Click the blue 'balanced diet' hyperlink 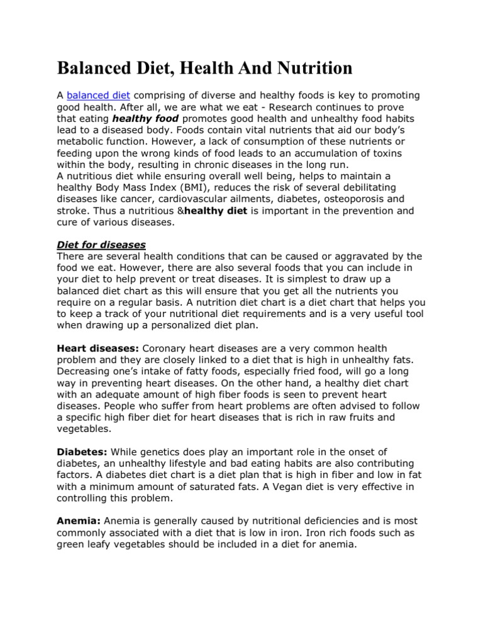pos(98,95)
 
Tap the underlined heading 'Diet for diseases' pos(101,245)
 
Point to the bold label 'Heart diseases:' pos(98,348)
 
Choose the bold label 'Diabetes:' pos(82,452)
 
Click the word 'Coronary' pos(166,348)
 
